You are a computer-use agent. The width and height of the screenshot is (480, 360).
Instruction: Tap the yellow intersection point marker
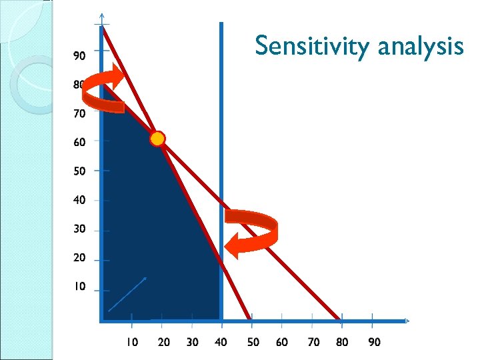tap(157, 139)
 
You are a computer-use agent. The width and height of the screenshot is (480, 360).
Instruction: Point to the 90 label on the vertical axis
tap(79, 56)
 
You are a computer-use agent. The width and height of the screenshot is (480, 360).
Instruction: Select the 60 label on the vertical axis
tap(79, 142)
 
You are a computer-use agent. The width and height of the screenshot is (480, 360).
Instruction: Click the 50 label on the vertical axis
tap(79, 171)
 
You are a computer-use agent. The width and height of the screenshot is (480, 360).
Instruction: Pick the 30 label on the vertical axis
tap(79, 229)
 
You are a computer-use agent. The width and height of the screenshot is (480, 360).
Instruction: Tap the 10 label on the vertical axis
tap(79, 287)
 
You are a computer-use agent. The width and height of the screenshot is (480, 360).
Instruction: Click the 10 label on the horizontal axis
tap(132, 342)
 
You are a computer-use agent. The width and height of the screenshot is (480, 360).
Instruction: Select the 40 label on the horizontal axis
tap(221, 342)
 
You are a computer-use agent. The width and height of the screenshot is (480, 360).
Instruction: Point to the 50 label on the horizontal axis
tap(253, 342)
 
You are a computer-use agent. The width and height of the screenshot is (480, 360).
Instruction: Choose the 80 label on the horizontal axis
tap(342, 342)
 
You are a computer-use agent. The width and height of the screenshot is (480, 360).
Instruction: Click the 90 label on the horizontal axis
tap(375, 342)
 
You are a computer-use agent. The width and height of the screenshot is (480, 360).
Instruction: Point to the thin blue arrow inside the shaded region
tap(127, 294)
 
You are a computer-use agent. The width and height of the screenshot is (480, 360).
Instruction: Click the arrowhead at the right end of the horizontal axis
tap(406, 321)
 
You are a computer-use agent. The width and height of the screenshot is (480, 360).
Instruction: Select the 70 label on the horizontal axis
tap(313, 342)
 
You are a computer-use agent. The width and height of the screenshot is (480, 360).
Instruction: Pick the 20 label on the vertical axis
tap(79, 258)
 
